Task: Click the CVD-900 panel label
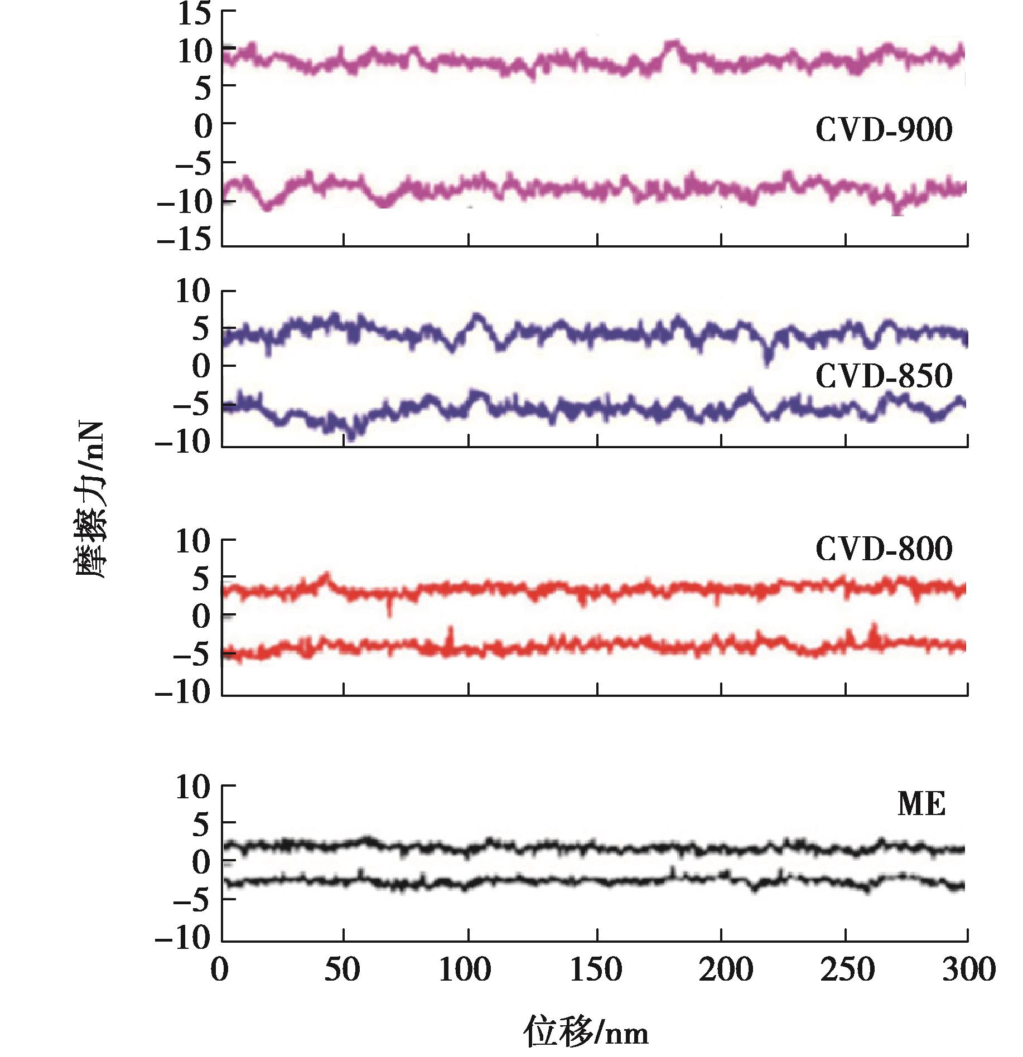(x=884, y=132)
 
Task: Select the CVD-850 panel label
(x=884, y=377)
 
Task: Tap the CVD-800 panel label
(x=884, y=550)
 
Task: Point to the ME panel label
(x=921, y=805)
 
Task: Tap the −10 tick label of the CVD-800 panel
(x=185, y=692)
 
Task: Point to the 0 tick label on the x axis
(x=220, y=971)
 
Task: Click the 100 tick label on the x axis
(x=465, y=971)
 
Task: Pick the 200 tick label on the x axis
(x=722, y=971)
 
